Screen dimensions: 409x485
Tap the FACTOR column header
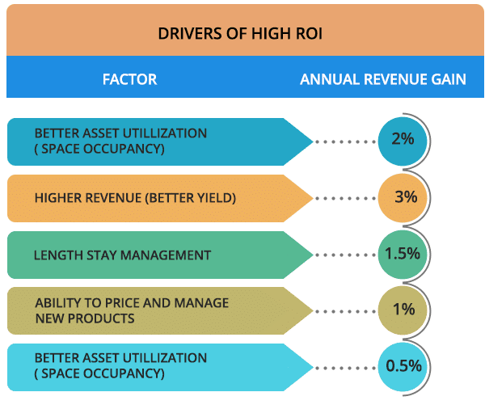point(129,79)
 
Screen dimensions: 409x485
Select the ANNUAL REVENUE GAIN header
point(382,79)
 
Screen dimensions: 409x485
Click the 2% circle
point(402,139)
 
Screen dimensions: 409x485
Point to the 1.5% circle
point(402,253)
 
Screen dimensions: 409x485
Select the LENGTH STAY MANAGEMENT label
point(122,255)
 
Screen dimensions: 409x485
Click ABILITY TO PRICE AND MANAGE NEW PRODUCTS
point(132,310)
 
